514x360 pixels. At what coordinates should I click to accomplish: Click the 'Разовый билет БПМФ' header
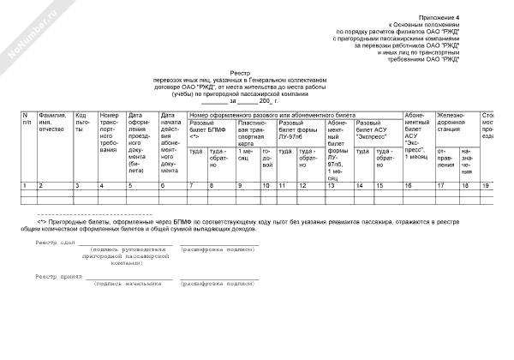coord(206,129)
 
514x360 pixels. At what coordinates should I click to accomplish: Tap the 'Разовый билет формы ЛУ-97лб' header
coord(297,129)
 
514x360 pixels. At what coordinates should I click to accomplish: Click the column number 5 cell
coord(130,185)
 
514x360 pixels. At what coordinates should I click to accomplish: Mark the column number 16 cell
coord(409,185)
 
